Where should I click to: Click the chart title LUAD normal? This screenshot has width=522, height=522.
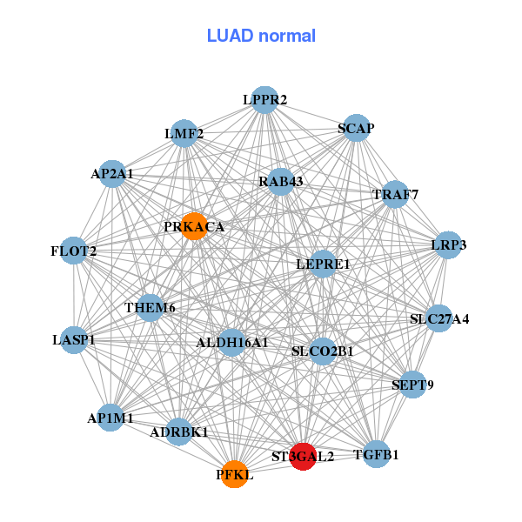point(261,36)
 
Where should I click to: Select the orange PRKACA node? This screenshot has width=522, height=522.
point(194,226)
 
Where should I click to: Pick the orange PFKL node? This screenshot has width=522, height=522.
point(234,474)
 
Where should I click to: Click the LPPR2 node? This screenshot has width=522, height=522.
point(264,100)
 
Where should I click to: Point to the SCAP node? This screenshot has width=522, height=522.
point(356,128)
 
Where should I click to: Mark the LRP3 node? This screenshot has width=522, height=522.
point(449,245)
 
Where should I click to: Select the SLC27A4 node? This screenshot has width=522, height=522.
point(439,319)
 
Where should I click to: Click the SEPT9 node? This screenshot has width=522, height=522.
point(413,385)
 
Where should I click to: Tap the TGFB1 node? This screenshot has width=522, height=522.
point(376,454)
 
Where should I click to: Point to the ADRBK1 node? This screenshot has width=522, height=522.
point(178,432)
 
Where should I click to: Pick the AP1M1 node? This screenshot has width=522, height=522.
point(110,418)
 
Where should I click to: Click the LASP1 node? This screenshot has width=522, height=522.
point(74,339)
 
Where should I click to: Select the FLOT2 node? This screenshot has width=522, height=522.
point(74,251)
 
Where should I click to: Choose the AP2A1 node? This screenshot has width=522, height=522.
point(112,174)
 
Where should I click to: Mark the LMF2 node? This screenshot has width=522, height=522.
point(184,134)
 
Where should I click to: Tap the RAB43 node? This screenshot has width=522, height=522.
point(280,182)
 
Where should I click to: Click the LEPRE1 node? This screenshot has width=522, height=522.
point(323,264)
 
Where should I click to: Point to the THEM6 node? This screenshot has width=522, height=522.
point(150,307)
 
